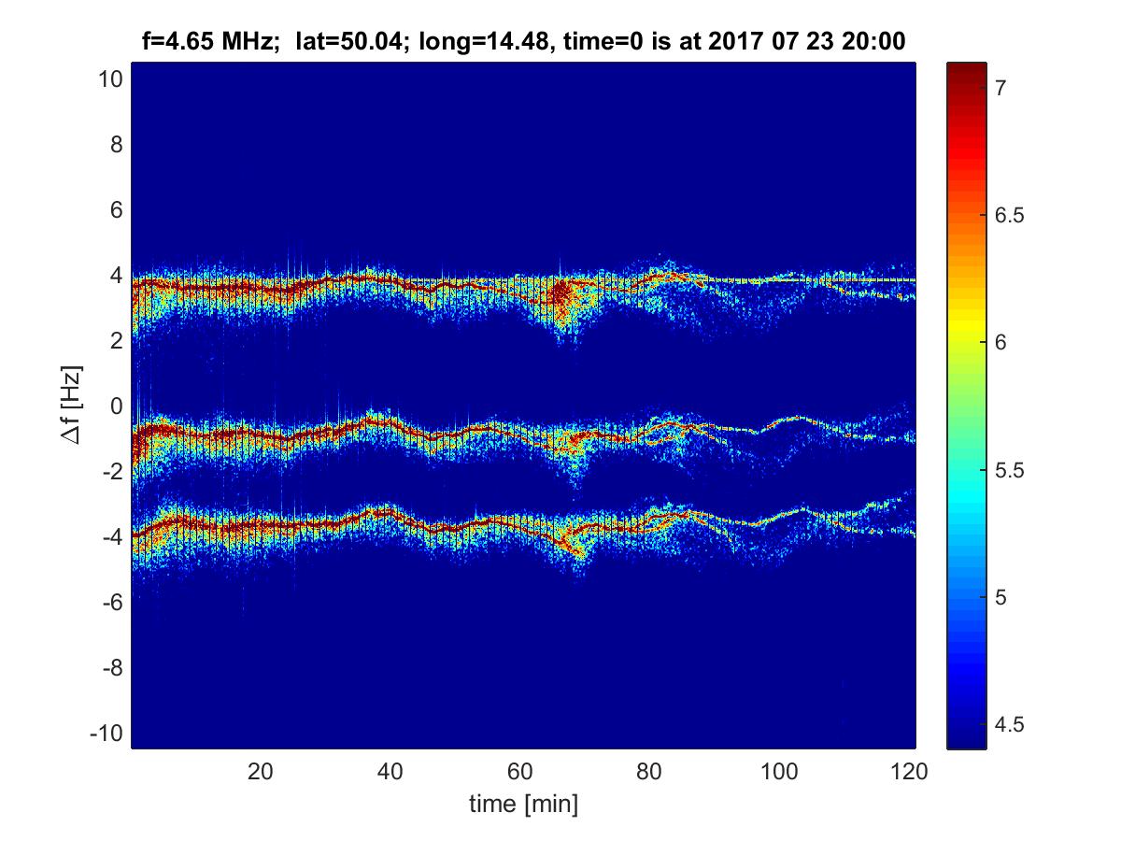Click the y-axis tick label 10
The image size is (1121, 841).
[110, 79]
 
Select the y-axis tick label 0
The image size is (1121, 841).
[116, 406]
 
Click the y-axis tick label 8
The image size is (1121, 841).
[116, 145]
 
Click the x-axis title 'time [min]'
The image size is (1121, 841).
[523, 803]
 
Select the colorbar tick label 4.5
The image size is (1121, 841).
[1006, 723]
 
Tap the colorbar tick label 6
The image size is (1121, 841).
[999, 342]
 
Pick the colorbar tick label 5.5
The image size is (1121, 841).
[1006, 469]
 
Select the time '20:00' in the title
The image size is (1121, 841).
[875, 41]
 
